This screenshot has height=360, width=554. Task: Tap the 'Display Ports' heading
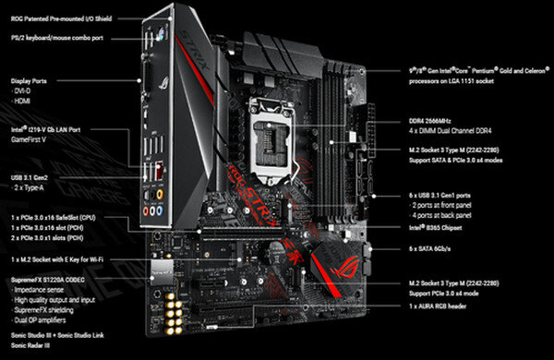(33, 80)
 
